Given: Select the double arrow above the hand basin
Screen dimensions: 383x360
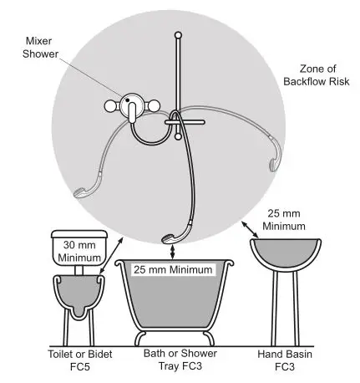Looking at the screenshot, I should pyautogui.click(x=251, y=228).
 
